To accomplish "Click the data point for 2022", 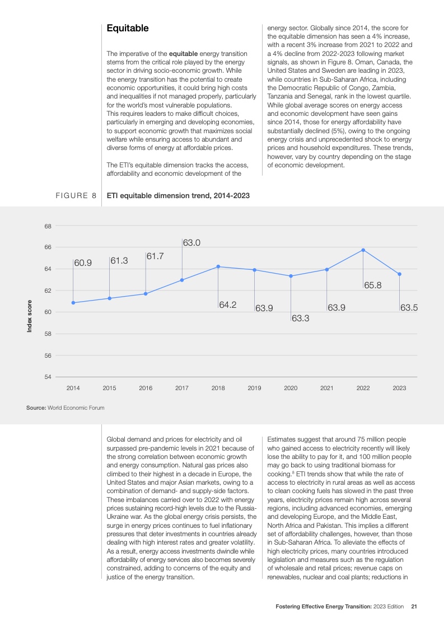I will click(x=363, y=250).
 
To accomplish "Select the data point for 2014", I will click(x=73, y=303).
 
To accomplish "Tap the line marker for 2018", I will click(x=218, y=266).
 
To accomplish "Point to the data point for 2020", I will click(x=291, y=276).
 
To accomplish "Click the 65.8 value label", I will click(x=373, y=285).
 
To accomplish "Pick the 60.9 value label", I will click(x=83, y=262).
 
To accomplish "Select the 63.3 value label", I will click(x=301, y=318).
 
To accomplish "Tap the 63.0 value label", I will click(x=191, y=243).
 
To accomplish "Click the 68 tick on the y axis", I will click(x=48, y=226).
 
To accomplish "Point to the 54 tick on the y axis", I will click(x=48, y=377).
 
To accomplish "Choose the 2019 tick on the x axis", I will click(x=254, y=388).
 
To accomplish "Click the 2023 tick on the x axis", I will click(x=399, y=388).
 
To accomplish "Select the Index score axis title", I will click(x=30, y=317).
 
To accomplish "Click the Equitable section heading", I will click(x=128, y=27).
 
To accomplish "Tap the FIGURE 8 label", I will click(x=76, y=195).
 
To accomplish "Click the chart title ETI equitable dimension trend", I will click(x=178, y=195).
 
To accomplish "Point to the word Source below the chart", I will click(x=36, y=407).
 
